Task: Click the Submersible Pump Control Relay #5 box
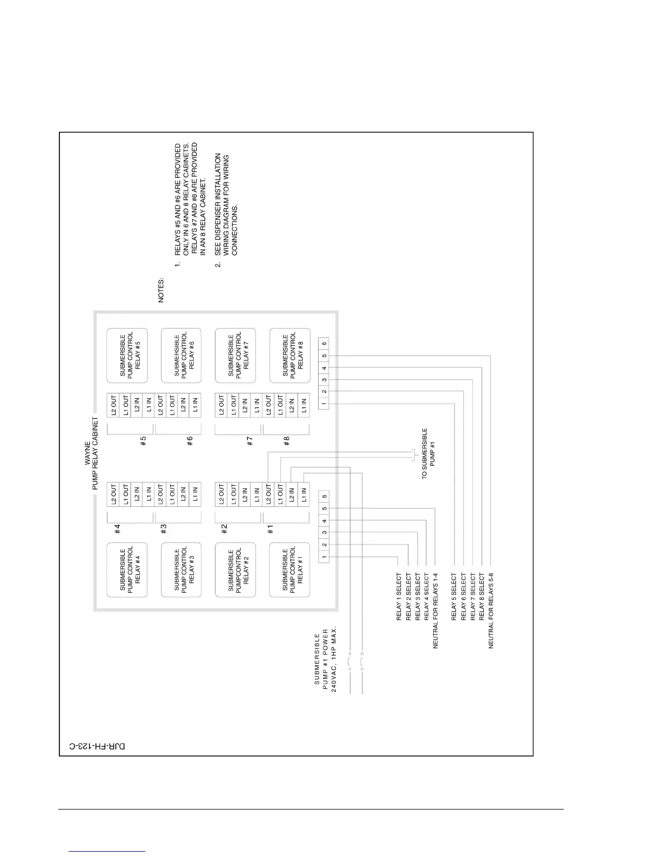pyautogui.click(x=127, y=355)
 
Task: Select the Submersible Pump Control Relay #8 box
pyautogui.click(x=290, y=355)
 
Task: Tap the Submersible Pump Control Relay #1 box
pyautogui.click(x=289, y=570)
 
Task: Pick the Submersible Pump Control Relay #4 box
pyautogui.click(x=127, y=570)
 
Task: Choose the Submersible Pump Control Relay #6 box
pyautogui.click(x=181, y=355)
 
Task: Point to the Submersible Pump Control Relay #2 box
pyautogui.click(x=235, y=570)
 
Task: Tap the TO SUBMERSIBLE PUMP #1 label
pyautogui.click(x=428, y=453)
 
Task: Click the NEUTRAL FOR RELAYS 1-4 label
pyautogui.click(x=435, y=611)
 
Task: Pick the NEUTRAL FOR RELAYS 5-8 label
pyautogui.click(x=491, y=611)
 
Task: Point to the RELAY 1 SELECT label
pyautogui.click(x=399, y=596)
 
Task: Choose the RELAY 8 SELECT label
pyautogui.click(x=482, y=596)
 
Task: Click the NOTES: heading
pyautogui.click(x=161, y=290)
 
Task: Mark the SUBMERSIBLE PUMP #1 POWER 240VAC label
pyautogui.click(x=325, y=659)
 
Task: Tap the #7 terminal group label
pyautogui.click(x=250, y=441)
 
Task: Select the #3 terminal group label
pyautogui.click(x=164, y=529)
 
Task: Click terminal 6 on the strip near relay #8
pyautogui.click(x=324, y=343)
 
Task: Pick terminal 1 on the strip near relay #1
pyautogui.click(x=324, y=557)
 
